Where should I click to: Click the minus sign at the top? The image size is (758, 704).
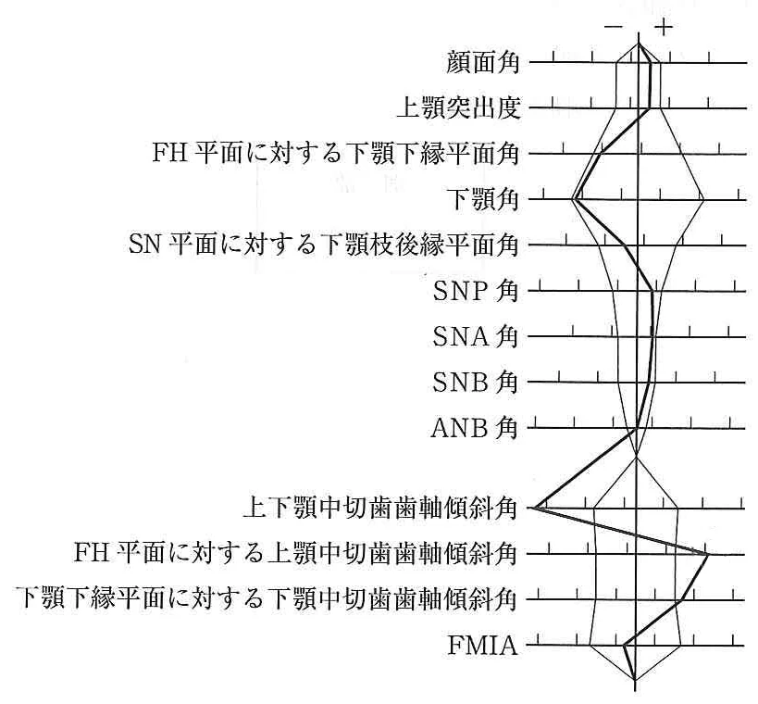613,27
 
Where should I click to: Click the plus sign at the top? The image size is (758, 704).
664,27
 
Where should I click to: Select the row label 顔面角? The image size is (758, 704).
482,62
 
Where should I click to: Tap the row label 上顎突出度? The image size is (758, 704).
458,107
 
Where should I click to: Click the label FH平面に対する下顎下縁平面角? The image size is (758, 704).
335,154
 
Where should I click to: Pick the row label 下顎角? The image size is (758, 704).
482,199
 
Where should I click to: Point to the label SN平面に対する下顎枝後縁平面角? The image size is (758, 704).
324,245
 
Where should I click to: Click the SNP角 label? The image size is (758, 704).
475,291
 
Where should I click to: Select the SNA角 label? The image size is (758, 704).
475,336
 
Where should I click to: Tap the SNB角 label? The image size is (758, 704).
475,383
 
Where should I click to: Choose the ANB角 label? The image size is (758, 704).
474,428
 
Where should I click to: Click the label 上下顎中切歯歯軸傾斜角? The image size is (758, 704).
380,509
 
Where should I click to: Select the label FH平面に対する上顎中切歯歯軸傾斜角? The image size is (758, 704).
295,554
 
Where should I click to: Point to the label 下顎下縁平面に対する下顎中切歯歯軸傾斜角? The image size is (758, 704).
267,599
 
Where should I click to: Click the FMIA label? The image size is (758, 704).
482,646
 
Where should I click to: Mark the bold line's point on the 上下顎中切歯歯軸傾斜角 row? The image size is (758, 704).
534,508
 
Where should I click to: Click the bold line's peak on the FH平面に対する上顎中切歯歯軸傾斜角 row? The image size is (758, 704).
707,554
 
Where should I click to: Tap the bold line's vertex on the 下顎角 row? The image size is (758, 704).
575,199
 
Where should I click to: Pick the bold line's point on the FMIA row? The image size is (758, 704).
625,645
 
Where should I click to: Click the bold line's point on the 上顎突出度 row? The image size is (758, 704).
650,108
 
